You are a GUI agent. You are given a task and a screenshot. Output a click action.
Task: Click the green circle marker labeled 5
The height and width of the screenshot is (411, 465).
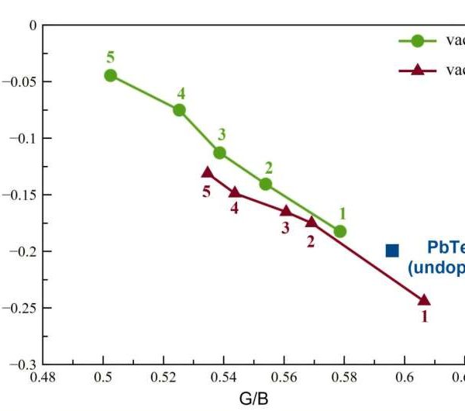click(111, 75)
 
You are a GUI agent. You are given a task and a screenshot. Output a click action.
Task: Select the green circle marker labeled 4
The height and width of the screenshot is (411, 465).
click(179, 110)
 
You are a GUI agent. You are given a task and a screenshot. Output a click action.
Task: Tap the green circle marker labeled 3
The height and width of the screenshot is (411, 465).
click(219, 153)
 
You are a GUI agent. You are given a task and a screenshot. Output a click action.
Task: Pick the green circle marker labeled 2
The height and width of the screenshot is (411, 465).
click(266, 184)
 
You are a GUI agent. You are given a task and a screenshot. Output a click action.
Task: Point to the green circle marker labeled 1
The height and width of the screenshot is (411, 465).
click(340, 231)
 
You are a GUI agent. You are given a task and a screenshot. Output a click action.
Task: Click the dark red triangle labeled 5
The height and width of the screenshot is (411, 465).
click(207, 172)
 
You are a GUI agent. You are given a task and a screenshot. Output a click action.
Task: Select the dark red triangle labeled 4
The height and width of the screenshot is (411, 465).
click(235, 192)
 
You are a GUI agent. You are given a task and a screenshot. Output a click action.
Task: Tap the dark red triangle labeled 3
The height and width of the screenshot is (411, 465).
click(285, 210)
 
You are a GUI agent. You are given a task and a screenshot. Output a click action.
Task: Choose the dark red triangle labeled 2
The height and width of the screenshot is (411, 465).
click(312, 222)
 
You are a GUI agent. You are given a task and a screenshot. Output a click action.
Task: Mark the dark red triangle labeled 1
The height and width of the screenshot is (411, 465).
click(424, 300)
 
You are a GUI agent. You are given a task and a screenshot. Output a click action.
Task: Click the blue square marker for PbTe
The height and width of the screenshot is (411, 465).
click(392, 250)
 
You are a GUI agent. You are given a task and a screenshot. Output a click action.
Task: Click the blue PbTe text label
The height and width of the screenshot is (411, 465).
click(446, 248)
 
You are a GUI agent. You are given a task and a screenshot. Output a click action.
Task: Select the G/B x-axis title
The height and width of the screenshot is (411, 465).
click(254, 399)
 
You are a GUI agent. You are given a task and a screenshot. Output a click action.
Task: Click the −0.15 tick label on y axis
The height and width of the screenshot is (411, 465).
click(22, 195)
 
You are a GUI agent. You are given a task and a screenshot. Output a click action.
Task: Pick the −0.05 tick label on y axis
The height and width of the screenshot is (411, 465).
click(22, 81)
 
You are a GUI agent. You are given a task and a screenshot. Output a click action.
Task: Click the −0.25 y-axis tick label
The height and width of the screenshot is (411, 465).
click(22, 308)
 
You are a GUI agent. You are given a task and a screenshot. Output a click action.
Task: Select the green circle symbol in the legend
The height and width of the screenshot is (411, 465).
click(417, 41)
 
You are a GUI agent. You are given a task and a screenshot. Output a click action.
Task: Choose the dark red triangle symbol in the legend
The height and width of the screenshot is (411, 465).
click(417, 70)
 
